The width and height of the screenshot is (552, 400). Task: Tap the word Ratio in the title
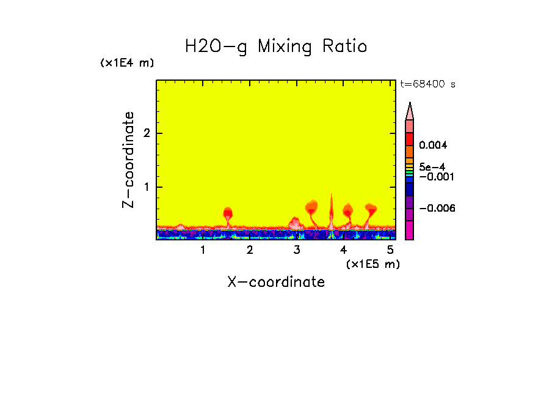click(x=345, y=46)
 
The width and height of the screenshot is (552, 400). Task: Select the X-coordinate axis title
click(x=276, y=282)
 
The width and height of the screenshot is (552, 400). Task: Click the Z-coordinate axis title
click(x=128, y=160)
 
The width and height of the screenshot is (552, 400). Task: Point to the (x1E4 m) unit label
click(x=127, y=63)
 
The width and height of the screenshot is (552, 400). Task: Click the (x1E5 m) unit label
click(x=373, y=264)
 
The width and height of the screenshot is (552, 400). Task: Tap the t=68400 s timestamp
click(x=427, y=84)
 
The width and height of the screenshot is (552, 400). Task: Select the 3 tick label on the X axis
click(x=297, y=250)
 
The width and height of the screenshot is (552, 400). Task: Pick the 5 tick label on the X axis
click(x=390, y=250)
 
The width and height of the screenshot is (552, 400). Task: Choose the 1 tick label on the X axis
click(x=203, y=250)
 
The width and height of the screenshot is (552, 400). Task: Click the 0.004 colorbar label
click(x=434, y=146)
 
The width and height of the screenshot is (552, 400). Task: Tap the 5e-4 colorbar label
click(x=432, y=166)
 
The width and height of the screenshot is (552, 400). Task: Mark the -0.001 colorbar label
click(x=436, y=176)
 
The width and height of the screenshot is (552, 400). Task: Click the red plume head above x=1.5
click(x=228, y=213)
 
